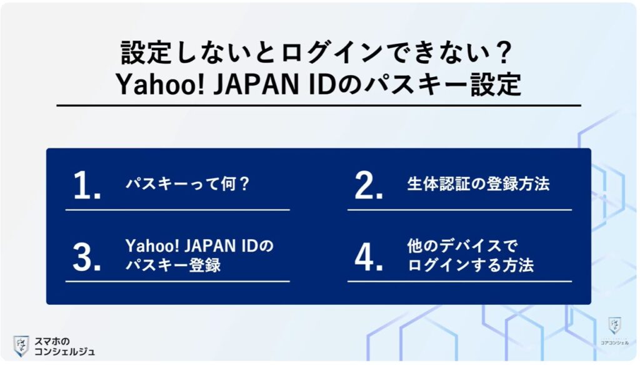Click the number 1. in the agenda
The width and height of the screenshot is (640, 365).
87,185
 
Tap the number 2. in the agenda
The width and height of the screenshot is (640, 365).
369,185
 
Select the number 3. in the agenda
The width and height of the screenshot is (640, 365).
86,257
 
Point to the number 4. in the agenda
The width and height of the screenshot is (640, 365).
369,257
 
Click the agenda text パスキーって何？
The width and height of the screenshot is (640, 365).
187,184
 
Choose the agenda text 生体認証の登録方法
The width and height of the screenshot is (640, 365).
478,184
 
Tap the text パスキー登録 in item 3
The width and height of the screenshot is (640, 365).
173,265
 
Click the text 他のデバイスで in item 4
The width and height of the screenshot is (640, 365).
462,246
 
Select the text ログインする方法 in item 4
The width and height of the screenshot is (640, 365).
471,265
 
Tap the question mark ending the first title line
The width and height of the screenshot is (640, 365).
504,53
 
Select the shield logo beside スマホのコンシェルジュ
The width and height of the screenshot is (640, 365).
21,346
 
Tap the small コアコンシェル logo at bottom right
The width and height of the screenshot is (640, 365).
614,331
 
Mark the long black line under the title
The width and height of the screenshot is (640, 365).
319,105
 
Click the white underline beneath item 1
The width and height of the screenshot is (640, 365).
177,210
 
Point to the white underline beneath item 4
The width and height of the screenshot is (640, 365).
459,281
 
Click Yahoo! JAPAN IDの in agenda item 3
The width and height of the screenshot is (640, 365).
199,246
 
